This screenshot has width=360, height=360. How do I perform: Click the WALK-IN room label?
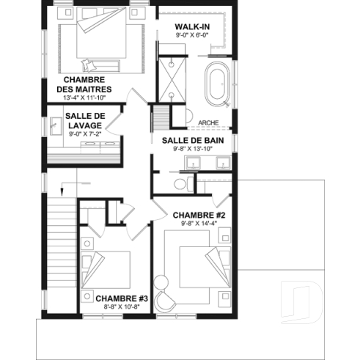pos(192,27)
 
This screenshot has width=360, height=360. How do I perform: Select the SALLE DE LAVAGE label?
pos(86,121)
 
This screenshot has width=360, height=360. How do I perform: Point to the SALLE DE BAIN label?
pos(193,139)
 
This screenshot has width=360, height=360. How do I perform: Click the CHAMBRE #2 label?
pos(198,216)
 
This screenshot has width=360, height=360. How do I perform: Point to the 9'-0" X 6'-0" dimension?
pos(192,35)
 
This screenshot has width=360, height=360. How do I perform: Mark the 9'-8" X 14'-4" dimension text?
pos(198,224)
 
